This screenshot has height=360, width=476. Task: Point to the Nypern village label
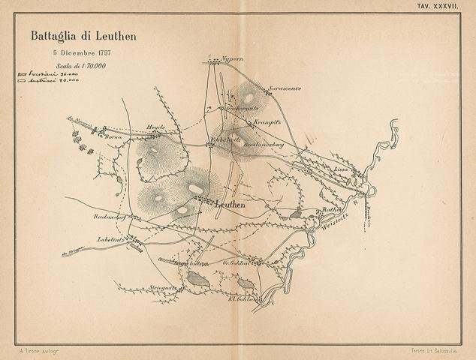point(233,58)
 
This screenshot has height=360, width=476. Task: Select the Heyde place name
point(155,127)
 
